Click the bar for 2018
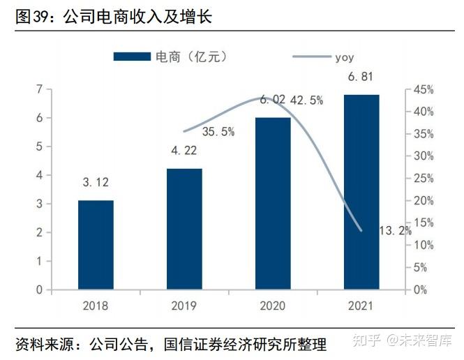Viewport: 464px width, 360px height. tap(96, 245)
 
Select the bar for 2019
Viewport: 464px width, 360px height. tap(184, 229)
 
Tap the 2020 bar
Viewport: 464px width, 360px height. tap(273, 203)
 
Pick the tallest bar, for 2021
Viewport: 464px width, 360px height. tap(361, 192)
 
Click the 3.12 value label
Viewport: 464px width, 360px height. tap(96, 183)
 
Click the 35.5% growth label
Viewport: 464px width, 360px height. tap(218, 131)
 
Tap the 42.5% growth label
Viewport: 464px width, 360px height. tap(306, 100)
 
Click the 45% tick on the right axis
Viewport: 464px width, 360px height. tap(423, 89)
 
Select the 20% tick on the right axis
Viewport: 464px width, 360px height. tap(423, 201)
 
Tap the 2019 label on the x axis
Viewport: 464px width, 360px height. tap(184, 306)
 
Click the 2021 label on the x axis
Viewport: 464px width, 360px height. tap(361, 306)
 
